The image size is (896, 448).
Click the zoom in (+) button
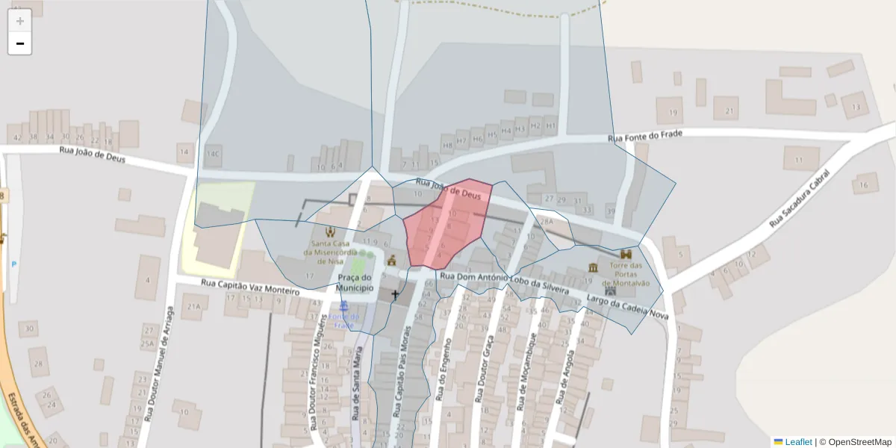point(19,21)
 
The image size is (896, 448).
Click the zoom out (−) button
point(19,43)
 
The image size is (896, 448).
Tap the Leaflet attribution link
point(798,442)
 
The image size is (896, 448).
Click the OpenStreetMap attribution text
point(860,442)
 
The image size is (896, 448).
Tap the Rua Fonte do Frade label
point(647,137)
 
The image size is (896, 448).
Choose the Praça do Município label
point(354,282)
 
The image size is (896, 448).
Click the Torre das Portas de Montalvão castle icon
point(626,254)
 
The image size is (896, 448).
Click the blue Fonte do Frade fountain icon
point(343,306)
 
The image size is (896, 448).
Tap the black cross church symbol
point(395,295)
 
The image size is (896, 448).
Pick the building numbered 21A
point(194,306)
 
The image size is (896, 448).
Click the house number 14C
point(214,155)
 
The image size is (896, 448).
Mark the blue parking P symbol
point(13,264)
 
